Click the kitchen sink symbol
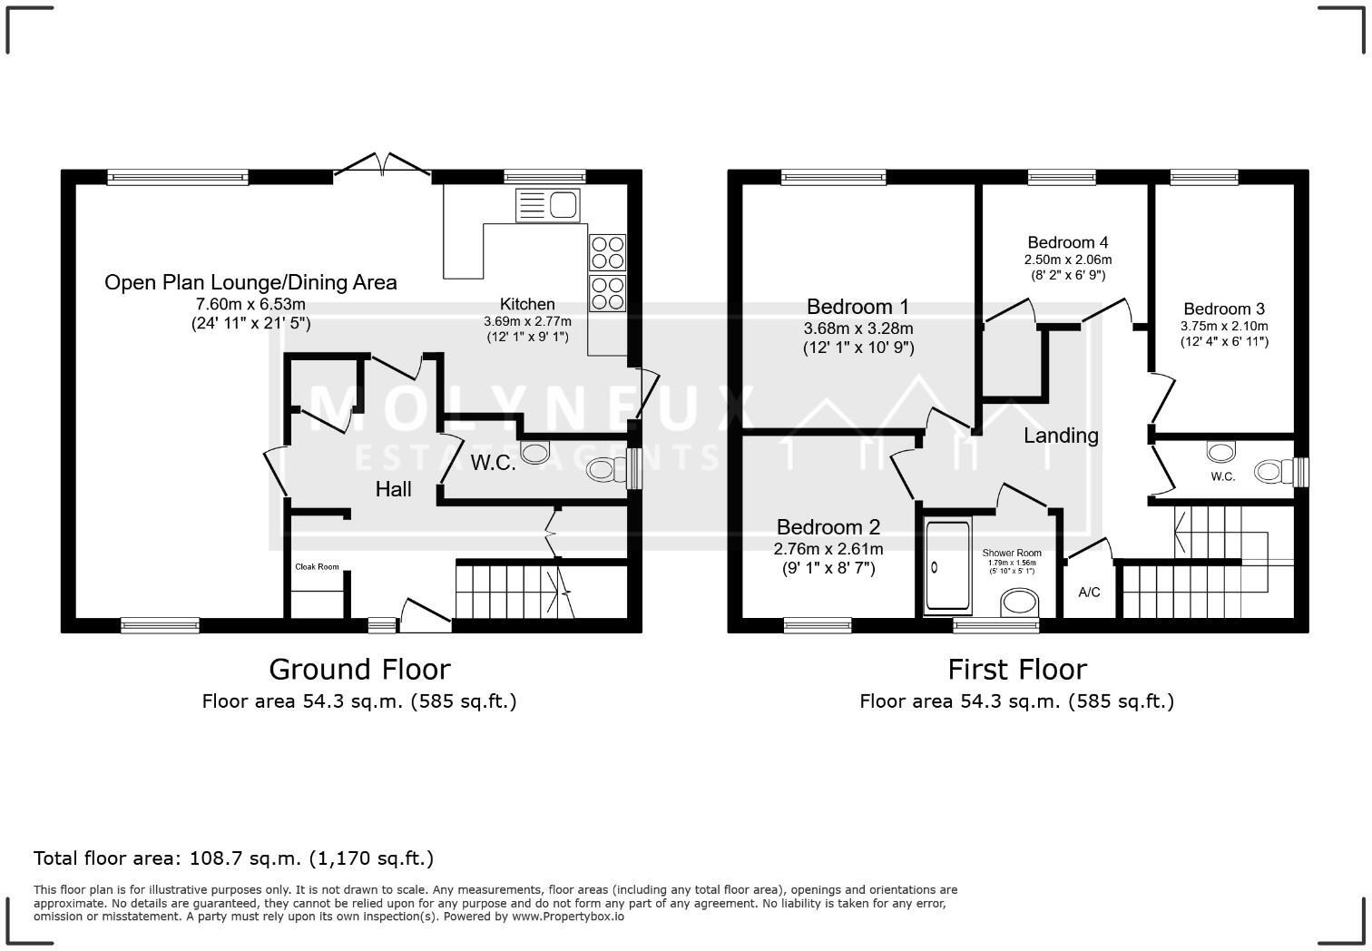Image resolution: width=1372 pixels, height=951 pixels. pos(548,205)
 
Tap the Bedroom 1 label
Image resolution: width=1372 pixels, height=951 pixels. pos(857,307)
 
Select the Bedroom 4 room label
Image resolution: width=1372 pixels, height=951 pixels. pos(1067,242)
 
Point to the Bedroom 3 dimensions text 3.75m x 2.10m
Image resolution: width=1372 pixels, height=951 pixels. pos(1223,327)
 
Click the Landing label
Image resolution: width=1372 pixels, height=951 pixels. pos(1061,436)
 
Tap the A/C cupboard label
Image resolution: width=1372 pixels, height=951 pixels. pos(1089,593)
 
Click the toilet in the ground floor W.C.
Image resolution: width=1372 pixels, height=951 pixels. pos(606,469)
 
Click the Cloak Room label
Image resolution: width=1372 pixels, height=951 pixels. pos(317,567)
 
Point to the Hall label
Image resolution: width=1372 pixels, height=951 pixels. pos(394,489)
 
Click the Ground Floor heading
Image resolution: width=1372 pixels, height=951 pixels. pos(359,670)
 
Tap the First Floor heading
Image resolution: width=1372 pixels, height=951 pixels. pos(1016,670)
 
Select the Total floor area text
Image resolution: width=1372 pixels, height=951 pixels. pos(233,858)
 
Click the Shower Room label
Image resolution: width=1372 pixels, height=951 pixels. pos(1012,553)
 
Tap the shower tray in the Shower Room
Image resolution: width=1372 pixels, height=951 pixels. pos(946,567)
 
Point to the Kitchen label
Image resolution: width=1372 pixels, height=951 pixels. pos(527,304)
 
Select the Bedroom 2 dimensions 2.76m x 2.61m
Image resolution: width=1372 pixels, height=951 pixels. pos(828,549)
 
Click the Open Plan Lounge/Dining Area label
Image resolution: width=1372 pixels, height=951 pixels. pos(250,282)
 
